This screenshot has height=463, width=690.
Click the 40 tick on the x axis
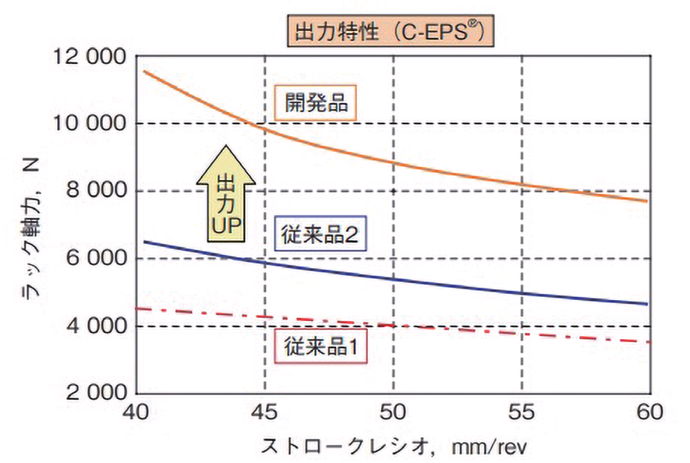[137, 412]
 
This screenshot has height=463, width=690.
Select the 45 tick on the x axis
[266, 412]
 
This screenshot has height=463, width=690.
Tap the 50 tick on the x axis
[394, 412]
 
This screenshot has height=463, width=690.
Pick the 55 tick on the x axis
[522, 412]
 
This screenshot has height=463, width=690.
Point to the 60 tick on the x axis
[649, 412]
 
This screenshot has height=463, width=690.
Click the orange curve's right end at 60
[647, 201]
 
